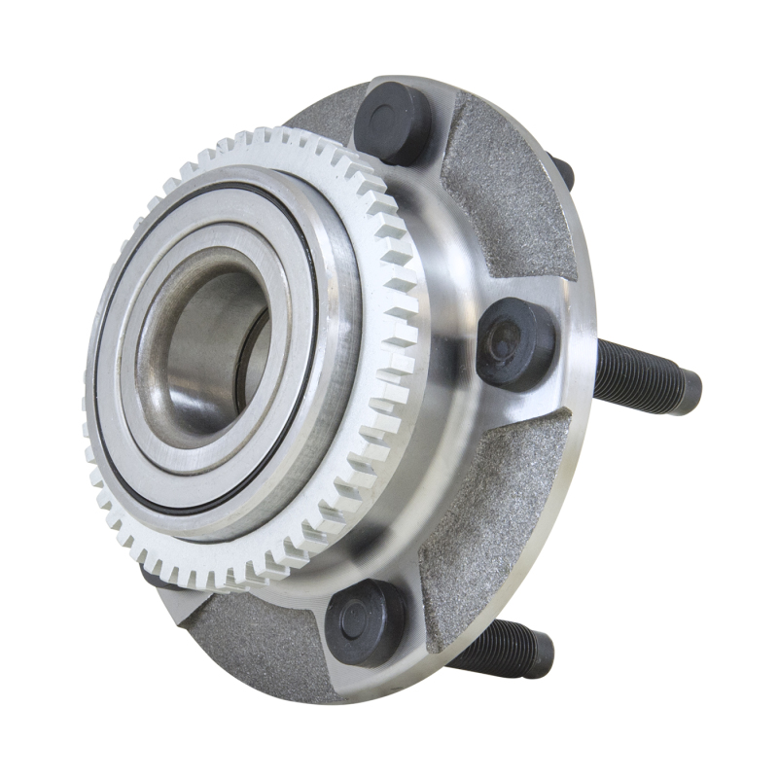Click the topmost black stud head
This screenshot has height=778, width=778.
[x=393, y=122]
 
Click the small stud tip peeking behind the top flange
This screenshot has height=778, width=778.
[x=561, y=171]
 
